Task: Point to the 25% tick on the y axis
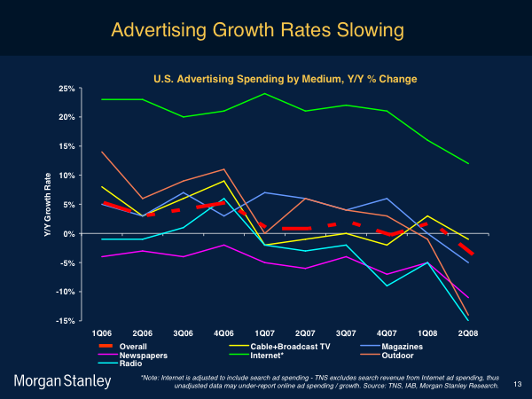[x=65, y=89]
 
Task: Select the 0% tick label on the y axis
[x=69, y=234]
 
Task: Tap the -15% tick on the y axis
[x=64, y=321]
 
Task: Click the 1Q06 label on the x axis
[x=103, y=332]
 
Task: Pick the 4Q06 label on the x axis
[x=225, y=332]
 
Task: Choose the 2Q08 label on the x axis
[x=468, y=332]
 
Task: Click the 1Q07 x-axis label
[x=265, y=332]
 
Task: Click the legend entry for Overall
[x=134, y=345]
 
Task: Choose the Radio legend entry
[x=130, y=364]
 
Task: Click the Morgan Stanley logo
[x=62, y=380]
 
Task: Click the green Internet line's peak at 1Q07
[x=265, y=94]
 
